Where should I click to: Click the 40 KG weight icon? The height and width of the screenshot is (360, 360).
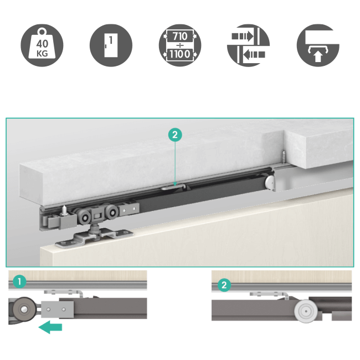[x=42, y=45]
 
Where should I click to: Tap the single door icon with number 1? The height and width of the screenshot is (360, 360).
[x=111, y=45]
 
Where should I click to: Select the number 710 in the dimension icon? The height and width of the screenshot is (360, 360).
[x=180, y=36]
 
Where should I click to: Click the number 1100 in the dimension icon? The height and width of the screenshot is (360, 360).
[x=180, y=54]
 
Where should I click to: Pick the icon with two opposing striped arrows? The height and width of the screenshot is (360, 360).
[x=248, y=45]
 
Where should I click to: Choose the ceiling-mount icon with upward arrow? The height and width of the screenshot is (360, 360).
[x=318, y=45]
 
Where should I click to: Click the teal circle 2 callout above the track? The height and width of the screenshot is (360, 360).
[x=175, y=135]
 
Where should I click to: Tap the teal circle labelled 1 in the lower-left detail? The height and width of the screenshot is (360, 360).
[x=19, y=281]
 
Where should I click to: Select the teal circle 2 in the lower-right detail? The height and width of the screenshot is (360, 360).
[x=224, y=285]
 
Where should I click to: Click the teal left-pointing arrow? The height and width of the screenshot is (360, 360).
[x=50, y=327]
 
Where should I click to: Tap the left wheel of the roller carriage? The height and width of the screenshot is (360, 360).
[x=83, y=218]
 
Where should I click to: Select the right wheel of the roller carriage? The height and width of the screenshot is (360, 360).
[x=112, y=212]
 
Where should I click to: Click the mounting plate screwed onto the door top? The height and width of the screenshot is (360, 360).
[x=94, y=239]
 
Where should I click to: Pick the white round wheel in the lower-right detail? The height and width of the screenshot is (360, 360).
[x=306, y=311]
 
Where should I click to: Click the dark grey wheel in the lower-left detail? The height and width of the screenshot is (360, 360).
[x=24, y=309]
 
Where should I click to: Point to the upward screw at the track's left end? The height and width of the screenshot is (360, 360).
[x=64, y=210]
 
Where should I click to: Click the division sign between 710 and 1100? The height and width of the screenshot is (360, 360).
[x=180, y=45]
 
